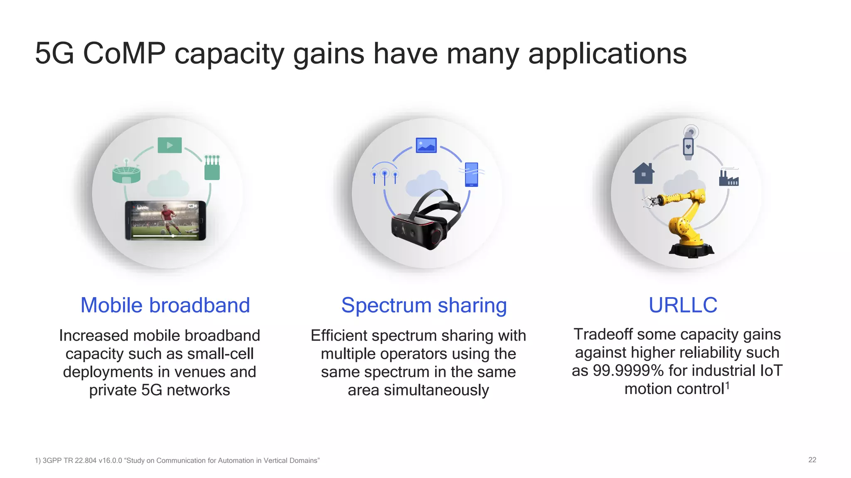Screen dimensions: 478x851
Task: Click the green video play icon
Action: [x=170, y=145]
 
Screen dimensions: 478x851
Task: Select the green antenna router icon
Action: [x=212, y=168]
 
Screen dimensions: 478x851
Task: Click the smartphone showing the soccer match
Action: [x=165, y=220]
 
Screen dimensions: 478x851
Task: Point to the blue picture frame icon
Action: [x=426, y=145]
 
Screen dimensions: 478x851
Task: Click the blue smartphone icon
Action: [x=472, y=174]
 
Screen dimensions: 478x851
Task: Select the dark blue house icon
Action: [x=643, y=173]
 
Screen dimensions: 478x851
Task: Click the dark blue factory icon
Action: [x=729, y=178]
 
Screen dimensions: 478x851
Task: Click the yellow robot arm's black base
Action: [x=691, y=250]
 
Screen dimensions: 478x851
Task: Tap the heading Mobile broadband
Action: [x=165, y=305]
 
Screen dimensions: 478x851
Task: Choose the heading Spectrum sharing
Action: [x=424, y=305]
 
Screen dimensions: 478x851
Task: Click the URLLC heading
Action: [x=683, y=305]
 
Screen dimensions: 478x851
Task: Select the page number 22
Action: [x=812, y=460]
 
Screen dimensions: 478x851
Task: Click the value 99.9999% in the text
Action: [x=628, y=371]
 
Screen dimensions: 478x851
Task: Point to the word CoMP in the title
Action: [x=124, y=54]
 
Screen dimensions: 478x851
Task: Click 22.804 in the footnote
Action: [x=86, y=461]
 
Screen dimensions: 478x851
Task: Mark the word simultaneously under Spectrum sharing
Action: [x=436, y=390]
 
